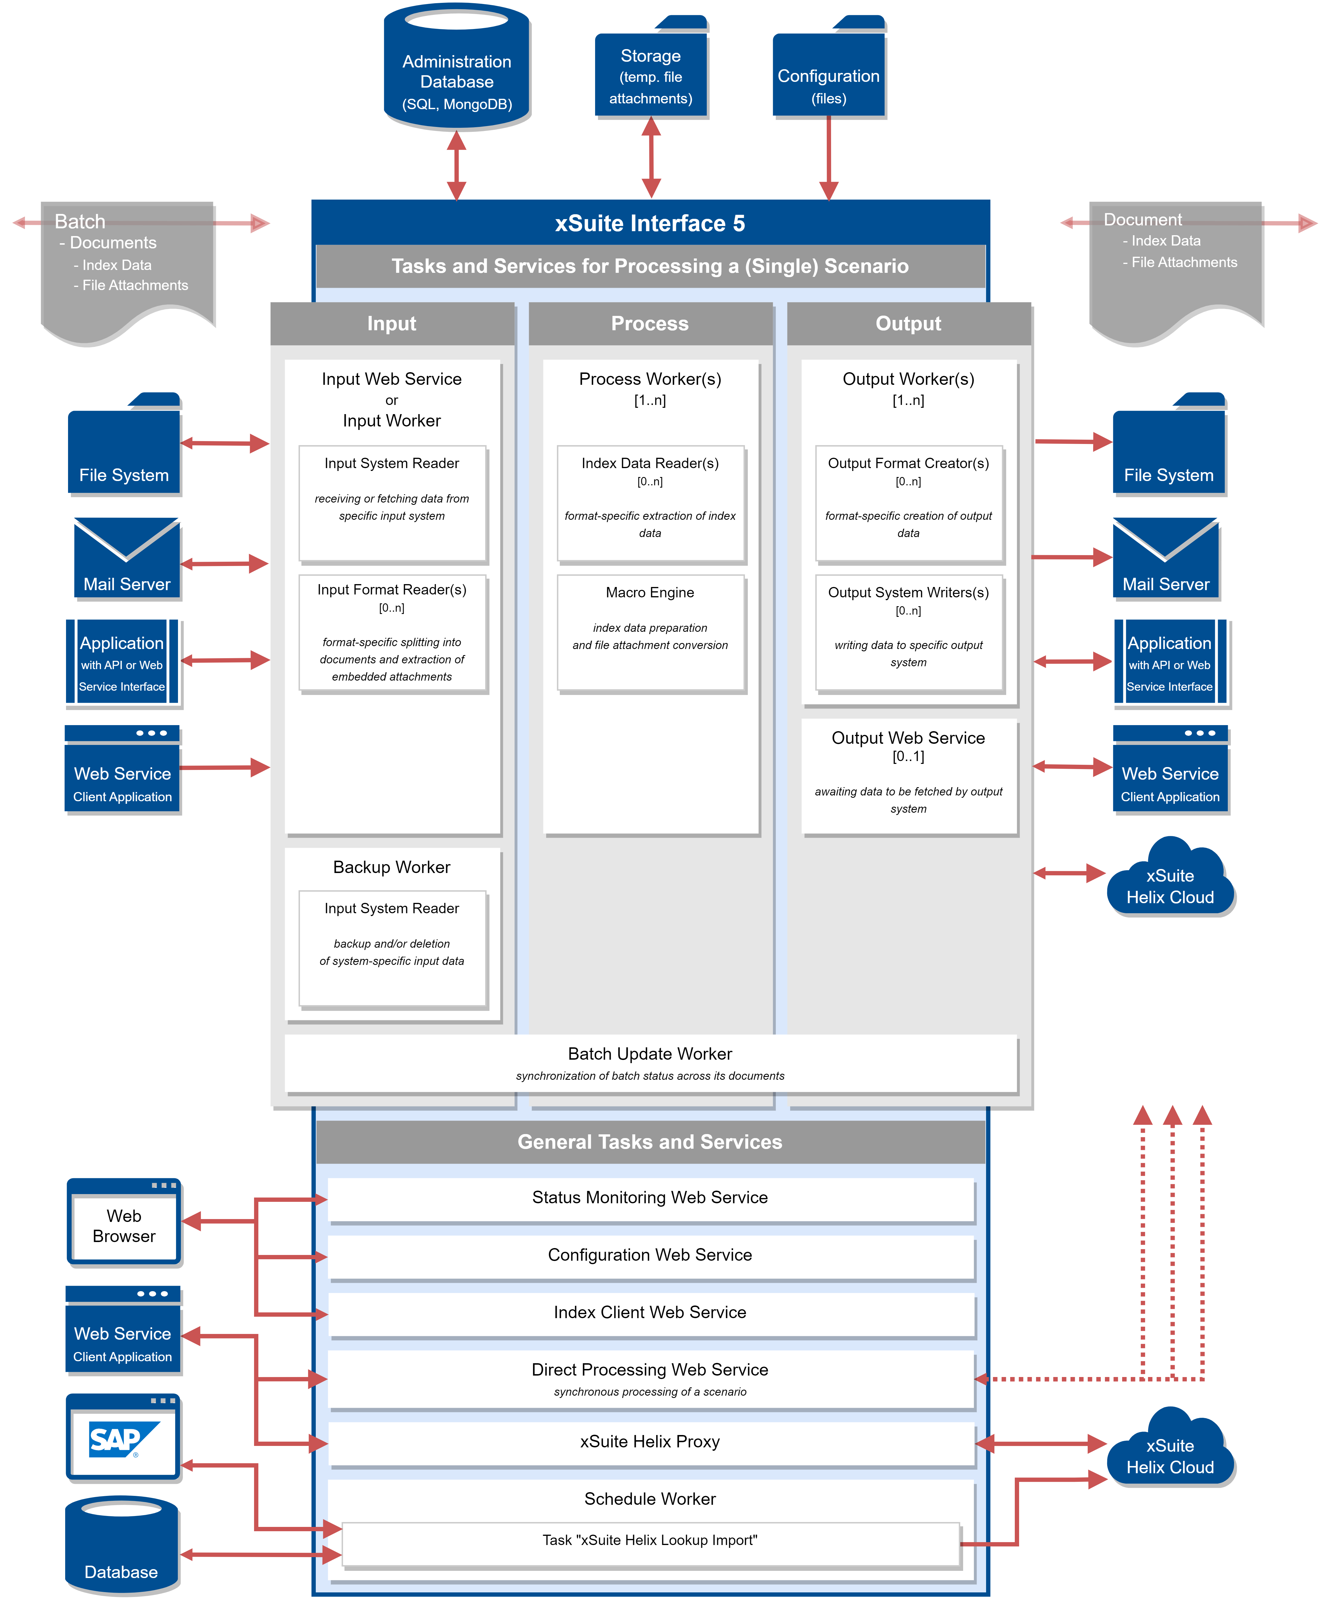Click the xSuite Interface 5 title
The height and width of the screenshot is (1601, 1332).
650,223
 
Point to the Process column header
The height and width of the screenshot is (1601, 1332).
650,323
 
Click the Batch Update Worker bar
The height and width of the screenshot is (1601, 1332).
650,1063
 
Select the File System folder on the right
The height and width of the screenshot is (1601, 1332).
1168,446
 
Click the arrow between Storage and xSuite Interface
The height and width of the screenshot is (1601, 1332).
651,158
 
